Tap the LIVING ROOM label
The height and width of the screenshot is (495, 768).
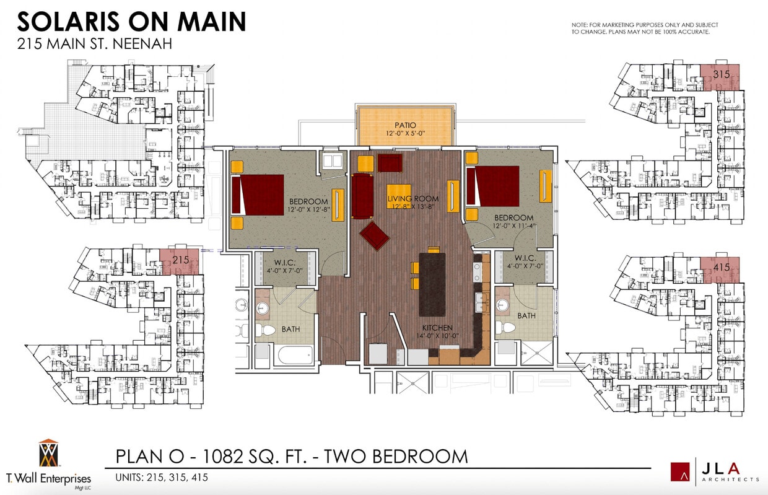(412, 199)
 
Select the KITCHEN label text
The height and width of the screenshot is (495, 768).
(437, 328)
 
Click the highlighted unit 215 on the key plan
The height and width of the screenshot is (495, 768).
(180, 260)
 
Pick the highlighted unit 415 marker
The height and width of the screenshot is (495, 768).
(720, 268)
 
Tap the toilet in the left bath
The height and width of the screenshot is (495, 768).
(266, 330)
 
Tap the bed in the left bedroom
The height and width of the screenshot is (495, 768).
(258, 195)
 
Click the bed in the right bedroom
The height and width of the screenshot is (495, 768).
(493, 186)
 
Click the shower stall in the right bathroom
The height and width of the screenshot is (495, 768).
(536, 353)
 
